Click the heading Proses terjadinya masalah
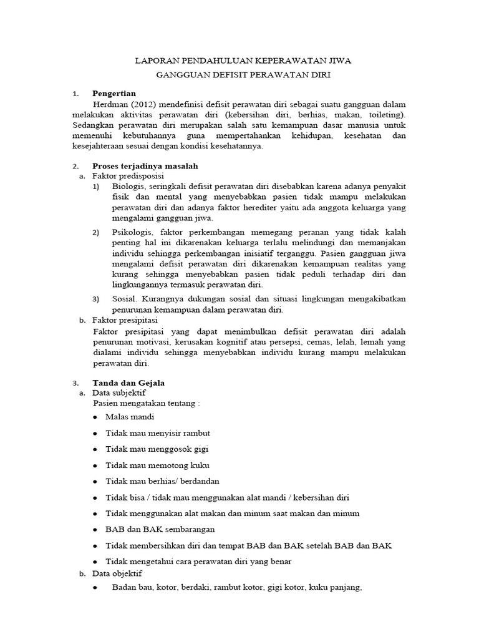145,167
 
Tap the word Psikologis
132,233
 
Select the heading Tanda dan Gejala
128,383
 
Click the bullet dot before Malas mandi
95,417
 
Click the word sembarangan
186,529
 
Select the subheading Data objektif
117,572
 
